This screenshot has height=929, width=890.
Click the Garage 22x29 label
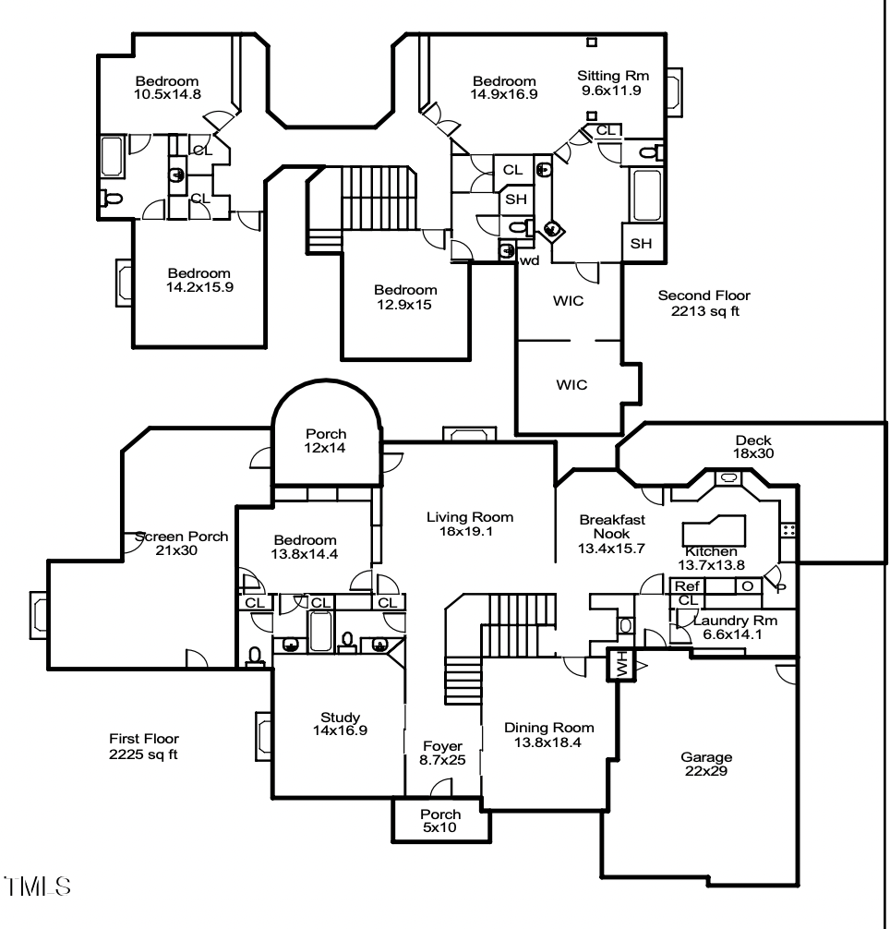pos(706,765)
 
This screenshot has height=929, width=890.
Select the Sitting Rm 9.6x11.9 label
pos(610,83)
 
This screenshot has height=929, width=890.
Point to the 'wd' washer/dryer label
pos(529,261)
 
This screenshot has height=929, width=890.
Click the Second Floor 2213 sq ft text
pos(704,304)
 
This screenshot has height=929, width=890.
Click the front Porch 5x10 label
pos(440,821)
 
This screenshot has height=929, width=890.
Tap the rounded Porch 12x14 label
pos(326,441)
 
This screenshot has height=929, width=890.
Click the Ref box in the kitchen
pos(686,585)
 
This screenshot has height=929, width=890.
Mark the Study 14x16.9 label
pos(339,724)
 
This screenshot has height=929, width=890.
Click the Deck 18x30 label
pos(753,447)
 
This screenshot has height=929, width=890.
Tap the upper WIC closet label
pos(570,302)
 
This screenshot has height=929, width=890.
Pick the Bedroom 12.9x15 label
pos(405,296)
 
